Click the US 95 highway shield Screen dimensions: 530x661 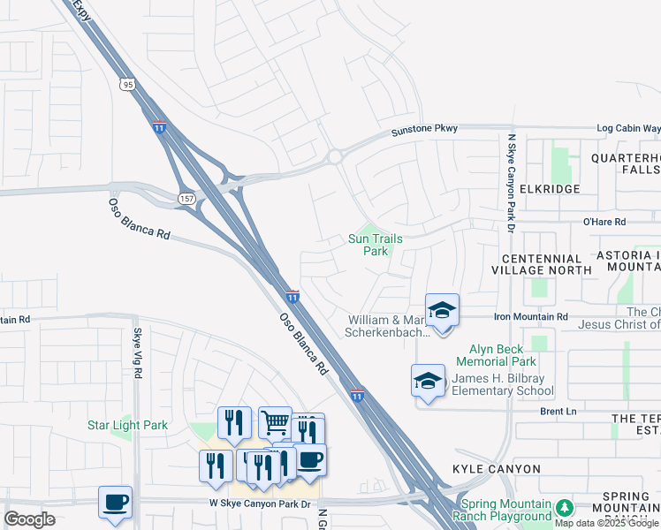[x=128, y=85]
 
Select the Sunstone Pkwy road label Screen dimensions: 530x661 [x=425, y=130]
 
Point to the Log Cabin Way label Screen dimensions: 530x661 [x=628, y=128]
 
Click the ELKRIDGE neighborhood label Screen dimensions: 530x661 [x=550, y=189]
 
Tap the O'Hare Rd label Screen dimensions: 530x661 [x=604, y=222]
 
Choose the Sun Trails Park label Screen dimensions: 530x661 [x=369, y=245]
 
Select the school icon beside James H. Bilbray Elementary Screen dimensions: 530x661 [x=428, y=382]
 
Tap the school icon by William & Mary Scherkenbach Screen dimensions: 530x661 [x=442, y=311]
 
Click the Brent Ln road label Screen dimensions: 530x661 [x=558, y=412]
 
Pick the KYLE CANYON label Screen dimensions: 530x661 [x=496, y=468]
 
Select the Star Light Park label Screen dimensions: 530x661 [x=127, y=425]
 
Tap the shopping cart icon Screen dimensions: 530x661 [x=275, y=424]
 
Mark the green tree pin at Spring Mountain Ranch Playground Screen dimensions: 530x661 [x=563, y=508]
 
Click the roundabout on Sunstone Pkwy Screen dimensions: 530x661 [x=334, y=157]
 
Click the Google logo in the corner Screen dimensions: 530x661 [x=29, y=519]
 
